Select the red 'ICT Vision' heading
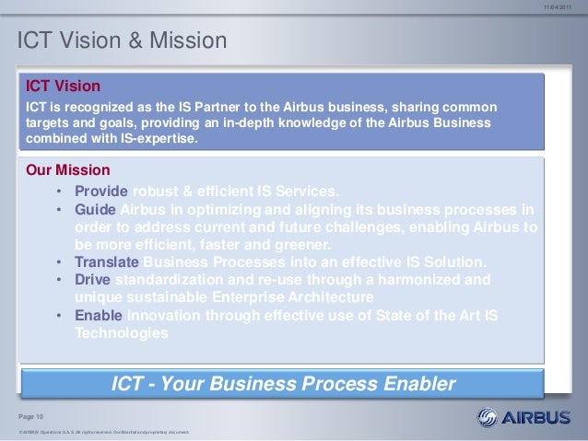(x=62, y=87)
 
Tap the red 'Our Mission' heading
(x=68, y=170)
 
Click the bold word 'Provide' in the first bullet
(x=101, y=191)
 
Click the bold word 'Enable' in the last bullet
(x=98, y=316)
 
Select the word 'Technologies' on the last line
(x=121, y=333)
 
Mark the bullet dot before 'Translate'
(x=57, y=262)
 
